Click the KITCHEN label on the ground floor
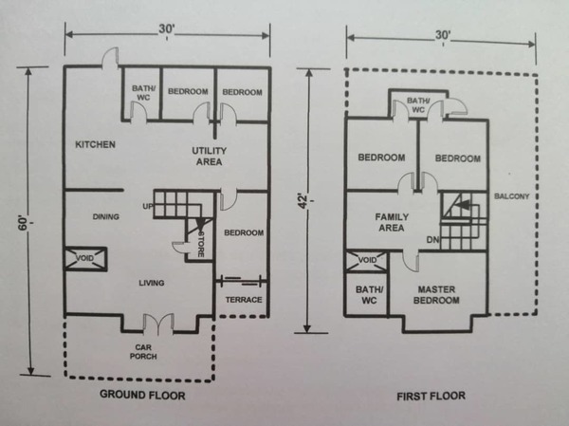click(95, 144)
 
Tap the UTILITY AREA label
click(209, 157)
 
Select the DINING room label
click(105, 217)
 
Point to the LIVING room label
click(152, 283)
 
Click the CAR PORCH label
click(143, 352)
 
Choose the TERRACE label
click(244, 300)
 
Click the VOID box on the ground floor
click(85, 259)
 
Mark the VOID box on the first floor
click(367, 261)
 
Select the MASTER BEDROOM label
click(436, 295)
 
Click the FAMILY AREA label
click(392, 222)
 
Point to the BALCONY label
click(512, 196)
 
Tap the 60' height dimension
click(23, 223)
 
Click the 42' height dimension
click(303, 202)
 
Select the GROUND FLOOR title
click(142, 395)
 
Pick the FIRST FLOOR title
click(431, 396)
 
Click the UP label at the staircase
click(148, 206)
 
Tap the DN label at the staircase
click(432, 240)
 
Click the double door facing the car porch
click(158, 324)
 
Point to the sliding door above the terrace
click(241, 281)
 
